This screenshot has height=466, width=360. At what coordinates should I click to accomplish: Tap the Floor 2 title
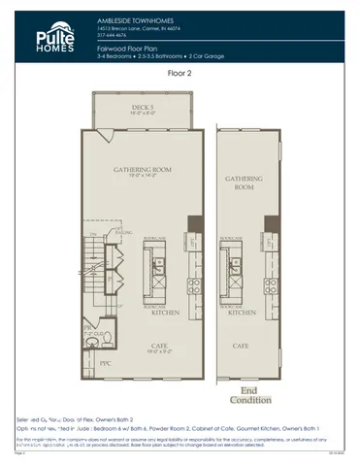coord(180,72)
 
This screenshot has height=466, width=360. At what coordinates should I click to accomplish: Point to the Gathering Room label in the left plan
coord(143,172)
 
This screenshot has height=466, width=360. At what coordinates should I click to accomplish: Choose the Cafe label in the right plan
coord(239,345)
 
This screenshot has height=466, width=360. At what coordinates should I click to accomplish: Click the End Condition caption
coord(245,395)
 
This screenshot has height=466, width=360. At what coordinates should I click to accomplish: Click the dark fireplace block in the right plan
coord(272,224)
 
